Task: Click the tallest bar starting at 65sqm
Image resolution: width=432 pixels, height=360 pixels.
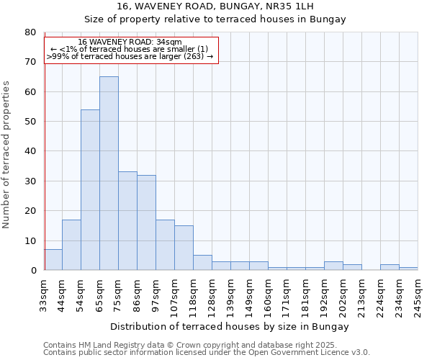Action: (109, 173)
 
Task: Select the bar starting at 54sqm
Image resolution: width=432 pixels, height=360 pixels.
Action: (90, 190)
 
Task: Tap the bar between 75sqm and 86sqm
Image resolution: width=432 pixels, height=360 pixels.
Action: (127, 220)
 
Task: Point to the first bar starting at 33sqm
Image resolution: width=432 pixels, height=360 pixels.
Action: (53, 260)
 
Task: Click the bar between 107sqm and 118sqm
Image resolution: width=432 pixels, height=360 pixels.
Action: (184, 248)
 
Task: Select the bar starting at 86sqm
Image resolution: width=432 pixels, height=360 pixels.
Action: (146, 222)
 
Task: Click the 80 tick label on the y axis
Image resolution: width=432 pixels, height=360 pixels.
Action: (30, 32)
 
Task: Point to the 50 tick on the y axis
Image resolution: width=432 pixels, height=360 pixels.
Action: (30, 122)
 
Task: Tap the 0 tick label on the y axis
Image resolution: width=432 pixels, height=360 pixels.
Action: (32, 271)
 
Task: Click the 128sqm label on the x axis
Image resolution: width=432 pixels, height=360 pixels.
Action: (212, 294)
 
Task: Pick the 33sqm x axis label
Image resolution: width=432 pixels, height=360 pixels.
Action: (44, 294)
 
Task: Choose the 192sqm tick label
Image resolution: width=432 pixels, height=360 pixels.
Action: (324, 294)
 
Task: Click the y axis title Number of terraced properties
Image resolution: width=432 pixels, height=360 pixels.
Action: (6, 154)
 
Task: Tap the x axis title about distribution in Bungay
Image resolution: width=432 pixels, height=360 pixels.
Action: (230, 326)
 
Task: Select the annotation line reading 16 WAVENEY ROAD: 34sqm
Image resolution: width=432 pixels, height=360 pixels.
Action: (130, 42)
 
